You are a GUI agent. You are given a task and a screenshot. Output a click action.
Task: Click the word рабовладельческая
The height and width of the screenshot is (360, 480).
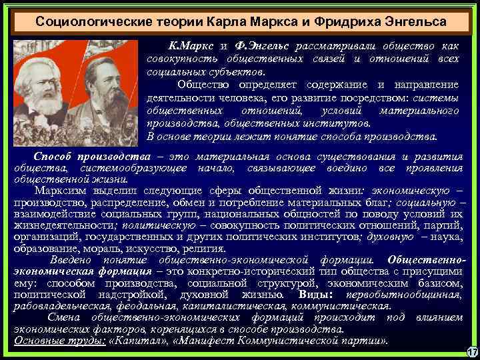(x=59, y=305)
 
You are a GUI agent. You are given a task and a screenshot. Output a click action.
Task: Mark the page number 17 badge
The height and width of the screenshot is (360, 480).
(x=471, y=351)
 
